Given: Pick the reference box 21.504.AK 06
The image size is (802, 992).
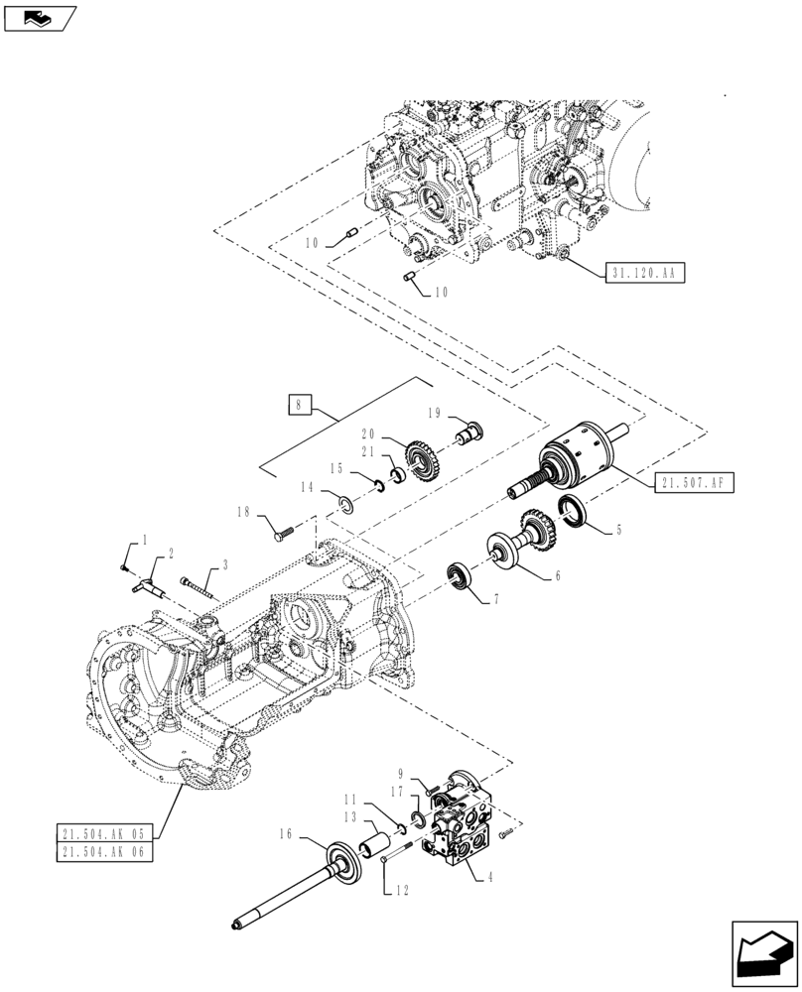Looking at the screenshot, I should pos(104,852).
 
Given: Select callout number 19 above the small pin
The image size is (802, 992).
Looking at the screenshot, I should pos(434,415).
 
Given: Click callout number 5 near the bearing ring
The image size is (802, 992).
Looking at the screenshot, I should pos(618,531).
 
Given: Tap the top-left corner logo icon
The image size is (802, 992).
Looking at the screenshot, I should pos(38,16).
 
